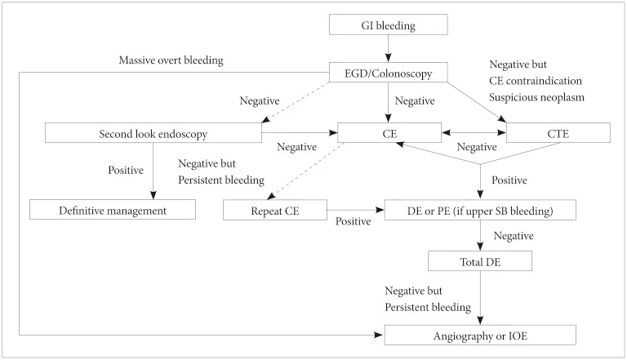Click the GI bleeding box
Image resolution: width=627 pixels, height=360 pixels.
click(389, 25)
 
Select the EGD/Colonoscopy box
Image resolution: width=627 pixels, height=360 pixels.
click(389, 73)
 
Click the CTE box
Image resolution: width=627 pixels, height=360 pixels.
click(558, 133)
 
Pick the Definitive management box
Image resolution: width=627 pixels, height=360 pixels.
click(113, 211)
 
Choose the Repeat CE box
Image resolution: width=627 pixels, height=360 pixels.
click(275, 211)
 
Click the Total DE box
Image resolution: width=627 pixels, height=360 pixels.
click(480, 261)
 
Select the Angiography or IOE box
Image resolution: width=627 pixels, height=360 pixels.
click(480, 335)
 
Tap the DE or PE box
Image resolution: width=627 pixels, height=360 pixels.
click(480, 211)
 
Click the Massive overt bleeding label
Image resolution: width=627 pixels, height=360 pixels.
click(171, 60)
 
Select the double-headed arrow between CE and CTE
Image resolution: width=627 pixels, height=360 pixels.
click(474, 133)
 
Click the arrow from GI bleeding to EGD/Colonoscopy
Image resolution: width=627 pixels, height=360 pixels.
click(389, 49)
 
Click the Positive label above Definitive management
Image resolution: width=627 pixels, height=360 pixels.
click(127, 171)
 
